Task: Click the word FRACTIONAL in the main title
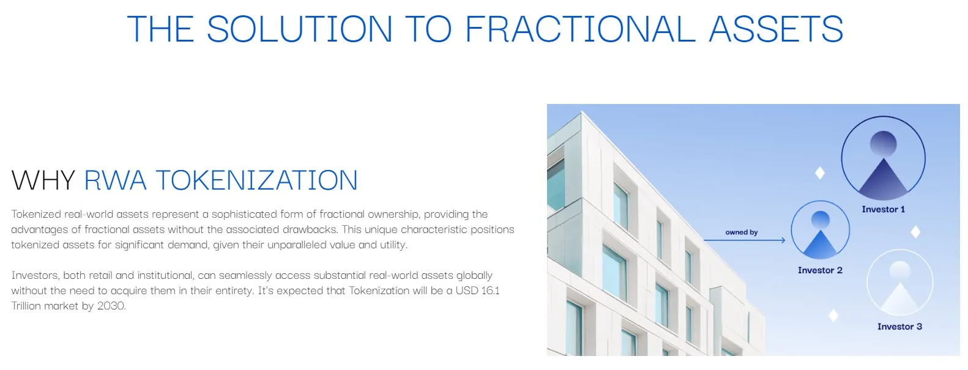point(580,29)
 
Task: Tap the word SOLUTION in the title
point(299,29)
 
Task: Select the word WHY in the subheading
point(43,180)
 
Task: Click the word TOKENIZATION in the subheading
point(257,180)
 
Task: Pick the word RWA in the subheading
point(116,180)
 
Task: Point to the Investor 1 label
point(884,209)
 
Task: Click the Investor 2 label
point(820,270)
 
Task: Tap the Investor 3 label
point(899,327)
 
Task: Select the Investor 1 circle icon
point(884,159)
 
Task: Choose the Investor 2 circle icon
point(820,231)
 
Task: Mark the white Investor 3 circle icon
point(899,283)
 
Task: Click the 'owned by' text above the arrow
point(742,232)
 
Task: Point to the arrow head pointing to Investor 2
point(783,240)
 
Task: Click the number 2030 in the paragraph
point(111,306)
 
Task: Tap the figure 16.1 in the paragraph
point(490,290)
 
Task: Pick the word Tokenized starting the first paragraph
point(36,214)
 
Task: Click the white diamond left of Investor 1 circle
point(820,173)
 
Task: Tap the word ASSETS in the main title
point(776,29)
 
